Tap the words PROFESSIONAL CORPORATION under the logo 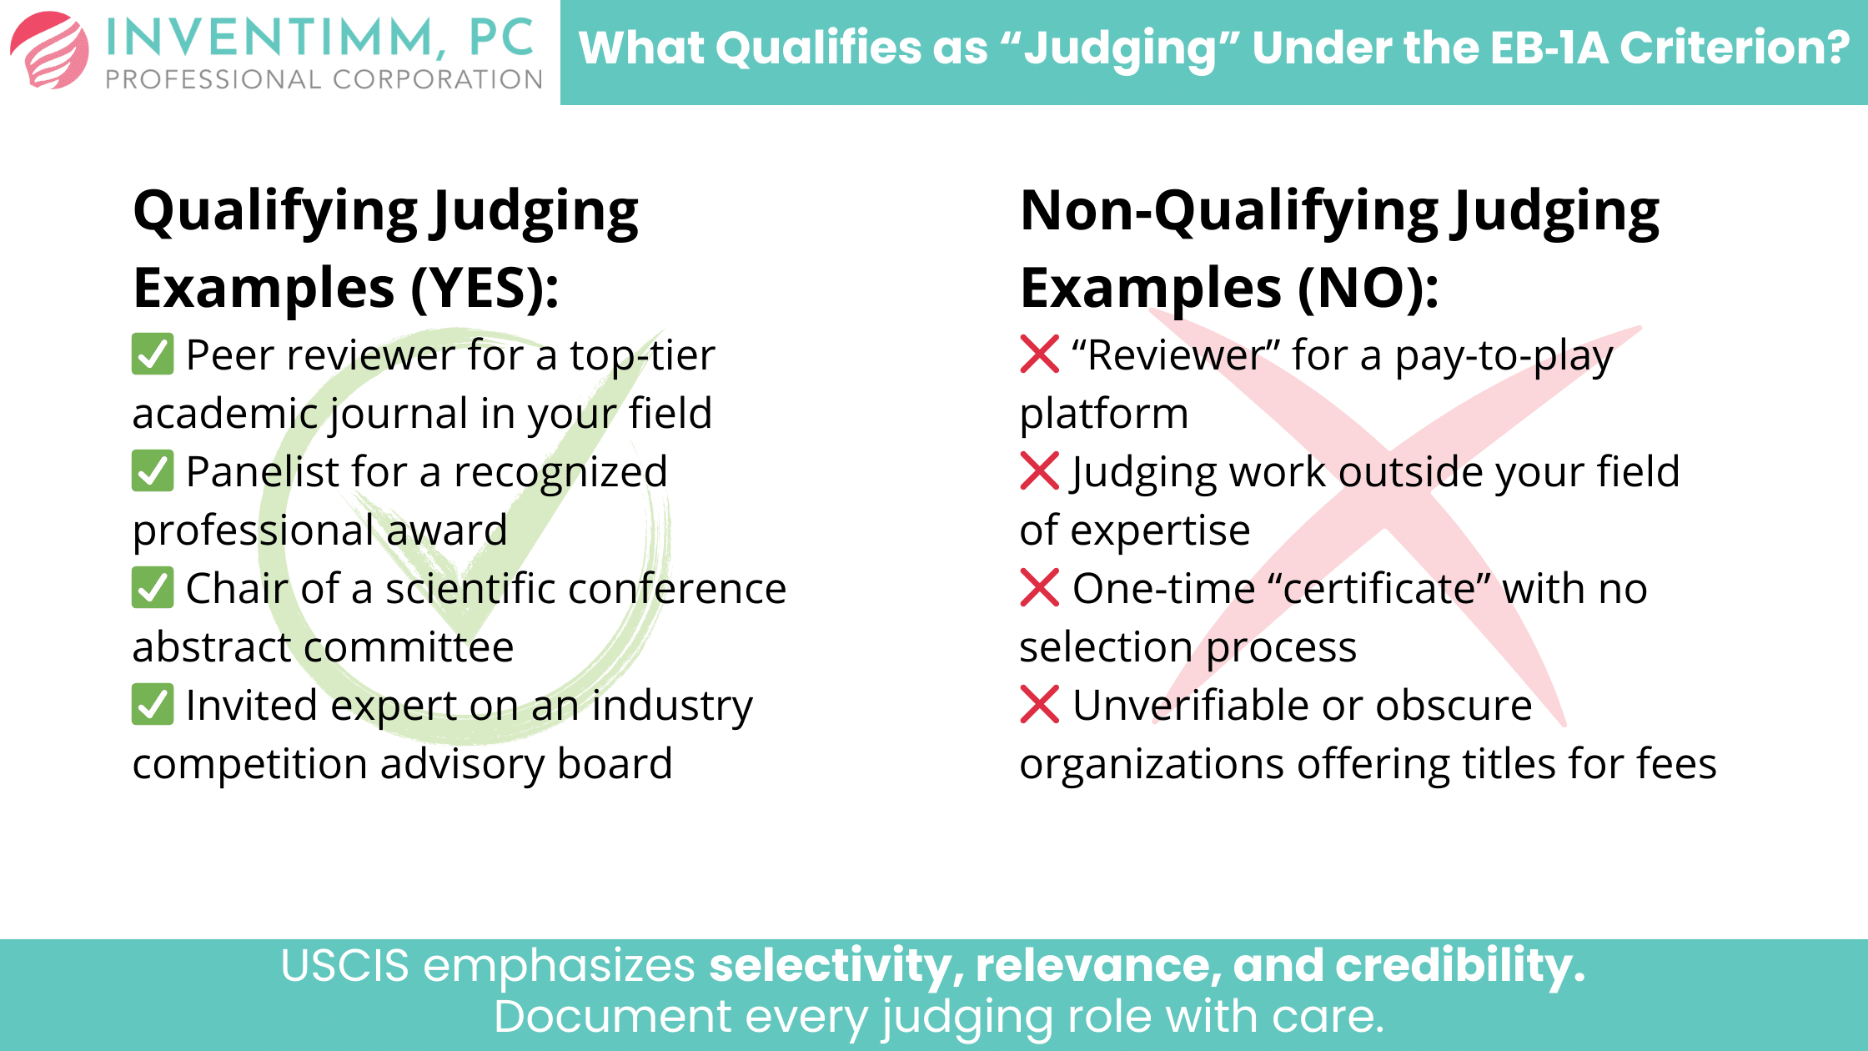(324, 80)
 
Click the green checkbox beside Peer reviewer (153, 355)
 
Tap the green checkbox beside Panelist (153, 471)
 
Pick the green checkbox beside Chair (153, 588)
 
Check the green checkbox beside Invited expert (153, 705)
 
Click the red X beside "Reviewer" (1040, 355)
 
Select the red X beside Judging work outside (1040, 471)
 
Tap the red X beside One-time (1040, 588)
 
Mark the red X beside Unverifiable (1040, 705)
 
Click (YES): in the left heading (485, 289)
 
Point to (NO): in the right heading (1368, 289)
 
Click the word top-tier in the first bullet (642, 356)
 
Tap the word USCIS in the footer (344, 966)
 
